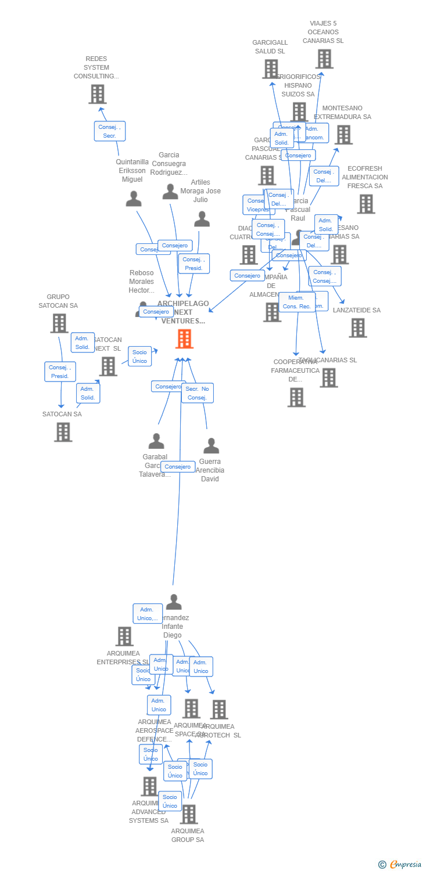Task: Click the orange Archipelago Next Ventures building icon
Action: [184, 339]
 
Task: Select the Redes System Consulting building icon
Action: [98, 94]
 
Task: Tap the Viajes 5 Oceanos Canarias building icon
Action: [324, 59]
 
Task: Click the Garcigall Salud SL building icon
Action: [271, 69]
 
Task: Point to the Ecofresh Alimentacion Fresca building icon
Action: [365, 204]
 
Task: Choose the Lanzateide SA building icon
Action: [357, 328]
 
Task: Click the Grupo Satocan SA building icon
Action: [59, 323]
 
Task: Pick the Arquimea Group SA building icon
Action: [188, 814]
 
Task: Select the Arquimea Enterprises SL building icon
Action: [124, 636]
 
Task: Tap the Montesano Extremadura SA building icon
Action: [343, 135]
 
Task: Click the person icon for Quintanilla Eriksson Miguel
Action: [134, 199]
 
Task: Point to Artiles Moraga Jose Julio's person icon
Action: [202, 219]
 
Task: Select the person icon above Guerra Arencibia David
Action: [211, 446]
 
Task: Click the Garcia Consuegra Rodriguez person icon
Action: [170, 192]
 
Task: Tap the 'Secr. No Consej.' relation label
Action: [198, 393]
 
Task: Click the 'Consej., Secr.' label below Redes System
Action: [110, 131]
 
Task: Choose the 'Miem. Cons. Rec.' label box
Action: [297, 302]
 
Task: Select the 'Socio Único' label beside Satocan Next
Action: [139, 357]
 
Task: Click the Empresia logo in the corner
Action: [400, 865]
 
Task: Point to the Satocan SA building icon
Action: [63, 432]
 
